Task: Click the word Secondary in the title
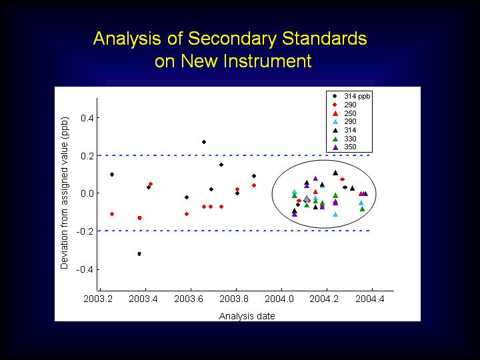tap(233, 39)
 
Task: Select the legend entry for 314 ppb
tap(351, 96)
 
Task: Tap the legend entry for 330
tap(345, 139)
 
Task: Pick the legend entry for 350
tap(345, 147)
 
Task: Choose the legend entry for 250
tap(345, 113)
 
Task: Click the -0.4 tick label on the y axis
tap(85, 269)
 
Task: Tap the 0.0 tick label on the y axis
tap(87, 193)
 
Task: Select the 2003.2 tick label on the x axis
tap(98, 299)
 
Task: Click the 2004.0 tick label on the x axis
tap(279, 299)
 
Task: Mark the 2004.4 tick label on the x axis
tap(370, 299)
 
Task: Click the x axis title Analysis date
tap(247, 316)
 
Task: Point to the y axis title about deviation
tap(65, 193)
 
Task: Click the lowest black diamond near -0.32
tap(139, 254)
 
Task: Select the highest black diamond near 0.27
tap(204, 142)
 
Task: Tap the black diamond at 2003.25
tap(112, 175)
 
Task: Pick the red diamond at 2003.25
tap(112, 214)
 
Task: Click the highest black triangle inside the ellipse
tap(335, 173)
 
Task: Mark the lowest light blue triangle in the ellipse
tap(335, 215)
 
